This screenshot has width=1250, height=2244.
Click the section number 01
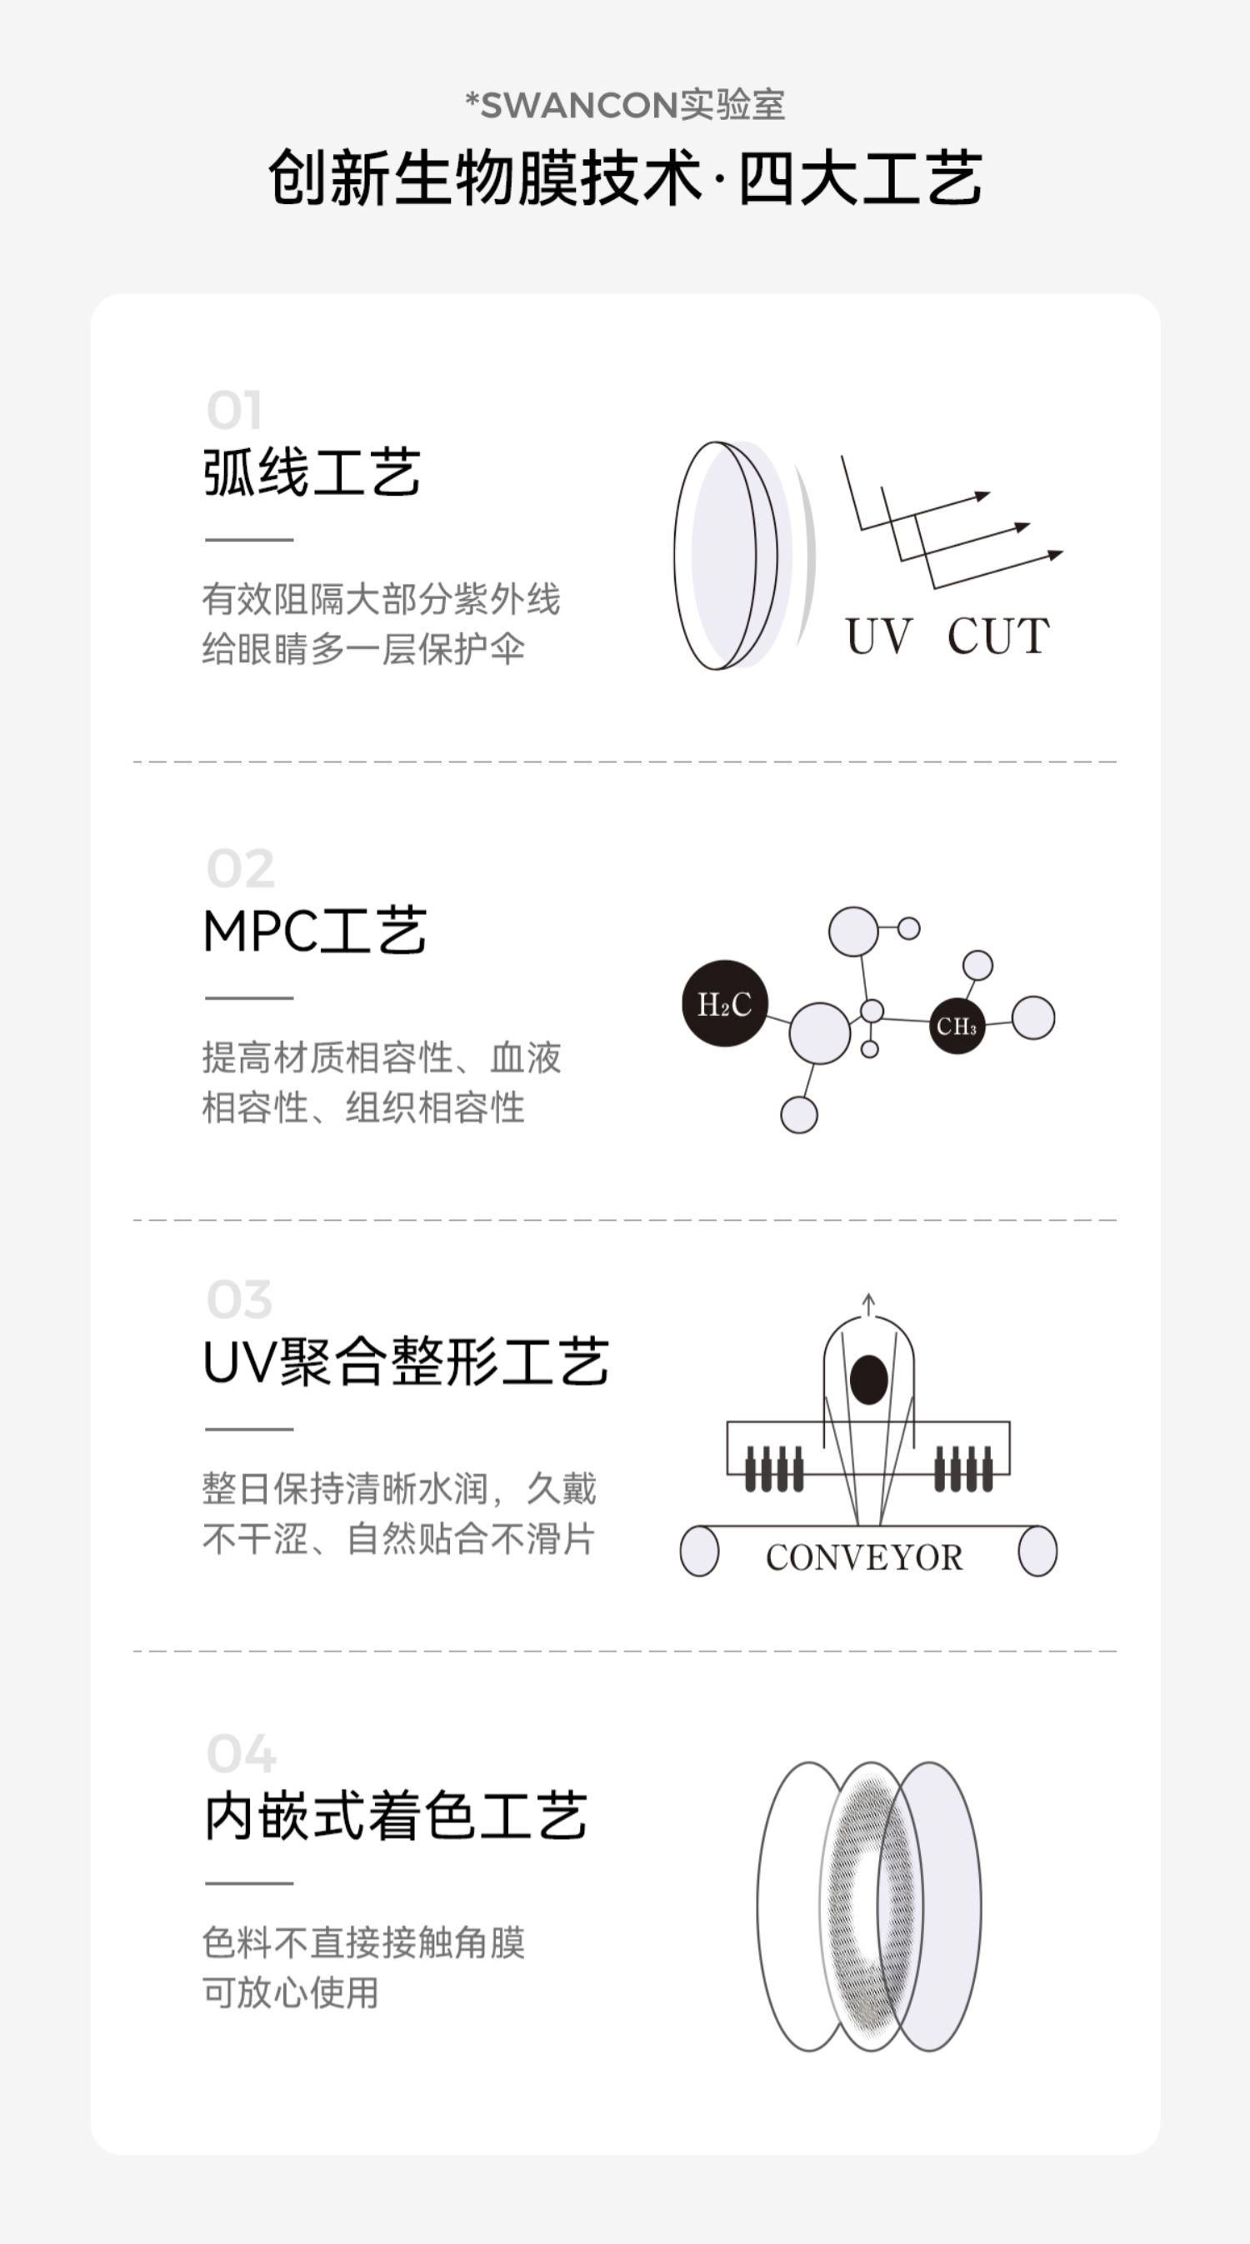click(x=233, y=411)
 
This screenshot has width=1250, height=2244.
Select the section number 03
click(x=239, y=1300)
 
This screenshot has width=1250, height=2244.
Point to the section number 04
click(x=242, y=1753)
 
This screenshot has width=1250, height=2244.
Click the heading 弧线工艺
click(x=312, y=473)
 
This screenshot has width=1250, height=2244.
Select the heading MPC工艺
click(x=314, y=932)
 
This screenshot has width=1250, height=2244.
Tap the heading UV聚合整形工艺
click(x=405, y=1362)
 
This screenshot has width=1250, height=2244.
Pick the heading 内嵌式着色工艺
click(x=396, y=1817)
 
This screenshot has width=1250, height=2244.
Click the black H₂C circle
click(x=724, y=1003)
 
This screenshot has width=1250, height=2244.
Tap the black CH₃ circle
click(x=957, y=1027)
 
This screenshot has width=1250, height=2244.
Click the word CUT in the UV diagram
click(x=998, y=636)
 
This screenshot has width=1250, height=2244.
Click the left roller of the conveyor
click(x=698, y=1551)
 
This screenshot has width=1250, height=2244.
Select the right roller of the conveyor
click(x=1037, y=1551)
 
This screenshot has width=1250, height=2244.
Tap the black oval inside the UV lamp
click(x=868, y=1379)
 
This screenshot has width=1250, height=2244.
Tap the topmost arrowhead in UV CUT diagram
click(x=982, y=496)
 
